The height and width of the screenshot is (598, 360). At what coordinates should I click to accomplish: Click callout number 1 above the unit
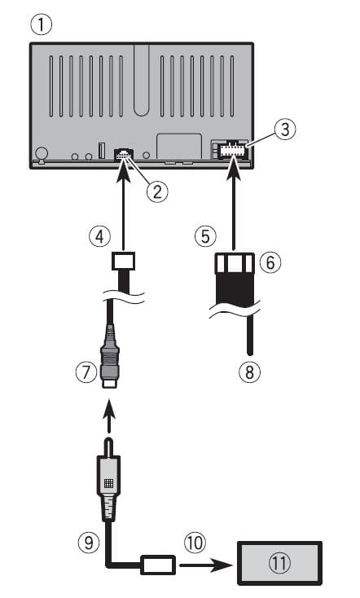click(40, 25)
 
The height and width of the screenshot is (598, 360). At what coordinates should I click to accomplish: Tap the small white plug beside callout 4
click(121, 262)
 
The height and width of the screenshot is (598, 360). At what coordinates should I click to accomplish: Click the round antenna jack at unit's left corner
click(42, 152)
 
